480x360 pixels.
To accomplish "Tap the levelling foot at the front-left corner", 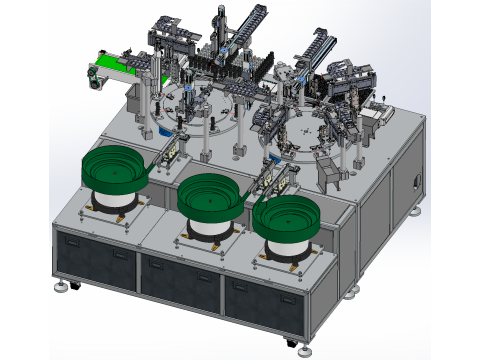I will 67,286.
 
